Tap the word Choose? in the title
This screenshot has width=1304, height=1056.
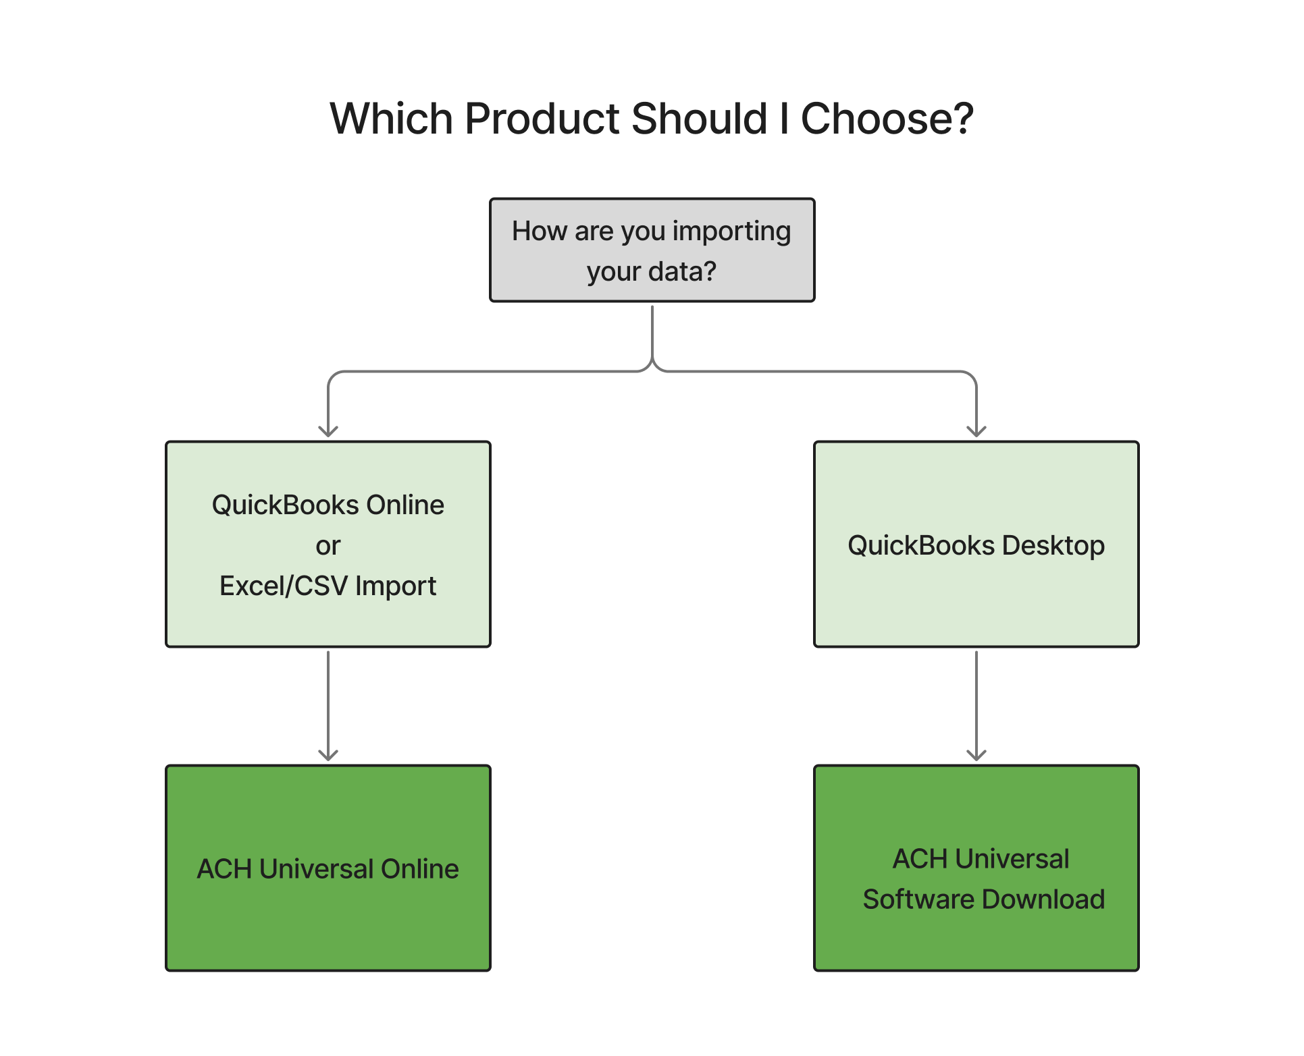[x=887, y=119]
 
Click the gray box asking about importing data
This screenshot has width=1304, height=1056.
[x=652, y=250]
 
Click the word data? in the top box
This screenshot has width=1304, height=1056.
[x=682, y=271]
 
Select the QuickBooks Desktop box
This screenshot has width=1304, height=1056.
[x=976, y=545]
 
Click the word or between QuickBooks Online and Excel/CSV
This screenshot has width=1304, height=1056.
[x=328, y=547]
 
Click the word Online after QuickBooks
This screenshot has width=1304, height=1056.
[x=405, y=505]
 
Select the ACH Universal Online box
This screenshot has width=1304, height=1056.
[x=328, y=868]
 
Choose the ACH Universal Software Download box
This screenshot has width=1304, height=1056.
[x=976, y=868]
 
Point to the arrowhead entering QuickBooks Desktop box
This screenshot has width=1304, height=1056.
[x=976, y=432]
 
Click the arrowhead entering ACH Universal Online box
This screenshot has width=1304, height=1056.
[x=328, y=756]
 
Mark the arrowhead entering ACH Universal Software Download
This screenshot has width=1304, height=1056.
[x=976, y=756]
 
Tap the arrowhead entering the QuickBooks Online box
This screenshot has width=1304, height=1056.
[x=328, y=432]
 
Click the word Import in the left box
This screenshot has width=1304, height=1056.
[x=396, y=586]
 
